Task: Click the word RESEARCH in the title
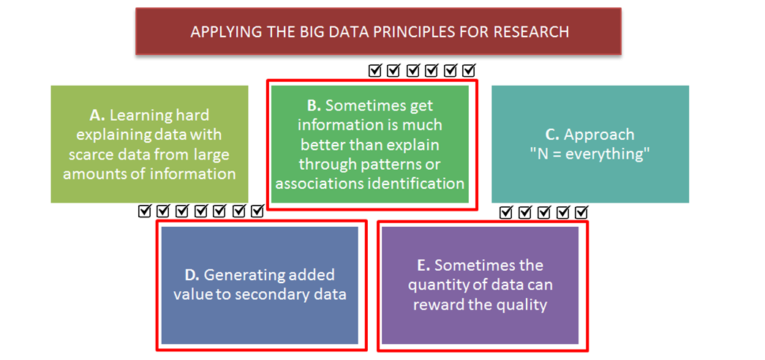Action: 531,31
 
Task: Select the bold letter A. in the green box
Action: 98,116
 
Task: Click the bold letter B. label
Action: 314,105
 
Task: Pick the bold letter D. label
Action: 192,275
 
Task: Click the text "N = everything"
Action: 590,154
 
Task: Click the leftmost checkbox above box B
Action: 374,71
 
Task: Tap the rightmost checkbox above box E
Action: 581,212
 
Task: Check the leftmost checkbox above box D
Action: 145,211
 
